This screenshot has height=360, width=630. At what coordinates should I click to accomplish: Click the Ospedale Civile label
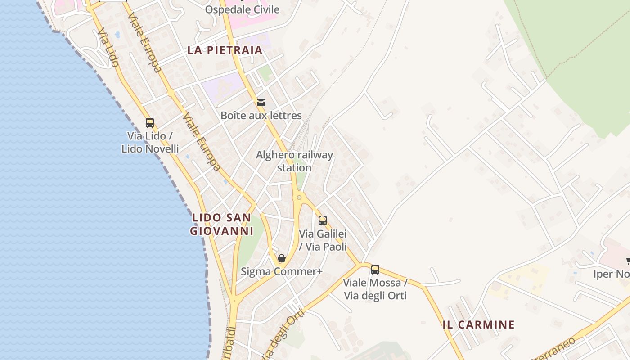tap(242, 9)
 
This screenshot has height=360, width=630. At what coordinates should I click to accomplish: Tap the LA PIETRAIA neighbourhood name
tap(225, 50)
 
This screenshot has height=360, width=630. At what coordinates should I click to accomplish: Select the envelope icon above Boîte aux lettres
tap(261, 103)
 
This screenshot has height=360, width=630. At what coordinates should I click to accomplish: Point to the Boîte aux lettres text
tap(261, 116)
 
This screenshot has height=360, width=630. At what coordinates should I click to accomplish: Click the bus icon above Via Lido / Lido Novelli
tap(150, 122)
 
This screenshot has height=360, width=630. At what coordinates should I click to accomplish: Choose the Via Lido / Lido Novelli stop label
tap(150, 142)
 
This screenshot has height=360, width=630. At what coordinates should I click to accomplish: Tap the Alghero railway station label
tap(294, 161)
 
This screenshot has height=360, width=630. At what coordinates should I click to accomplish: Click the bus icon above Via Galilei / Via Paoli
tap(323, 220)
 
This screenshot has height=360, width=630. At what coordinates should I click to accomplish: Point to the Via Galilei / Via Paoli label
tap(323, 240)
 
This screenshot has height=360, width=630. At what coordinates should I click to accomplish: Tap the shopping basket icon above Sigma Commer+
tap(282, 258)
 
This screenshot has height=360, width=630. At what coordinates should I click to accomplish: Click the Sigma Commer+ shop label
tap(282, 271)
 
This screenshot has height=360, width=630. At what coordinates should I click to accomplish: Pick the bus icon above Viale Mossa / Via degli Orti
tap(375, 270)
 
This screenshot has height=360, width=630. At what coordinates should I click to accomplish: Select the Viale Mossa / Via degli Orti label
tap(375, 289)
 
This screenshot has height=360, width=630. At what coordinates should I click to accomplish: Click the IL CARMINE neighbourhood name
tap(478, 324)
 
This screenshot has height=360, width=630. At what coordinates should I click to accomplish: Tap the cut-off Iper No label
tap(611, 274)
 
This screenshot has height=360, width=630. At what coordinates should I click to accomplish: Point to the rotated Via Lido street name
tap(108, 48)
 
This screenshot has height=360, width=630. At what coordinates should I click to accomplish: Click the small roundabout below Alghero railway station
tap(299, 197)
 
